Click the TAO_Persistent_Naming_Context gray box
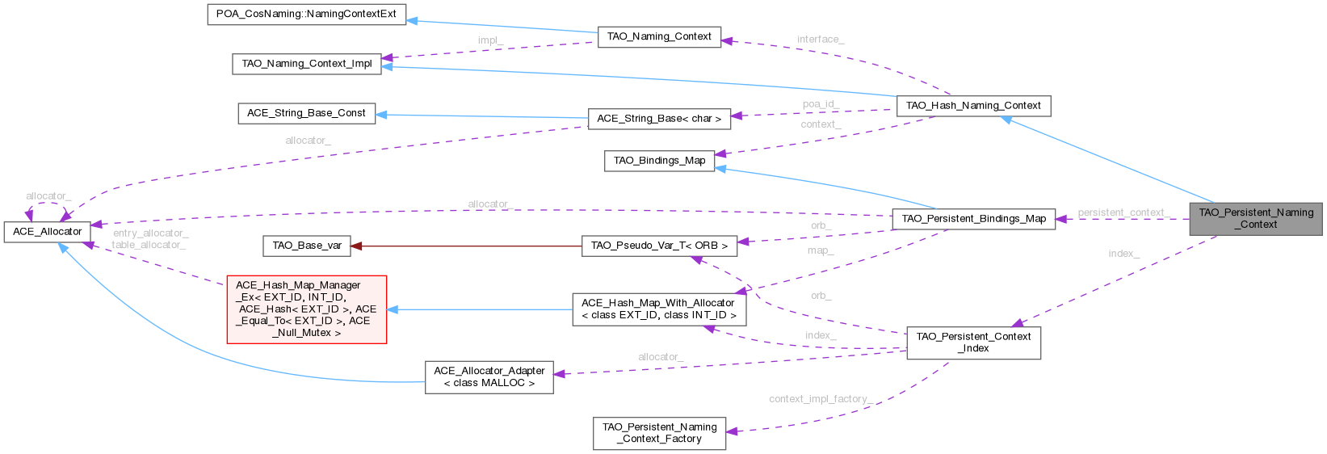pos(1255,218)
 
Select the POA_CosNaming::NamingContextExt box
pos(306,15)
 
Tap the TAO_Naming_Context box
pos(658,36)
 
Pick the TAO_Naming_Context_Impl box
pos(306,64)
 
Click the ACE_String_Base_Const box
pos(306,113)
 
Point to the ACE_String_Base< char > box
pos(658,119)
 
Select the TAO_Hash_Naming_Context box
pos(973,106)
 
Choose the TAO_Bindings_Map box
pos(659,161)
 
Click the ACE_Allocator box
pos(46,232)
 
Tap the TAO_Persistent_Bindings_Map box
pos(973,218)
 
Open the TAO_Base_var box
pos(306,246)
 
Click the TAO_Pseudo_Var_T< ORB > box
pos(659,246)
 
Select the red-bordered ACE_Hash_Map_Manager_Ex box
pos(306,309)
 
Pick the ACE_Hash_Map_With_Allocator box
pos(658,309)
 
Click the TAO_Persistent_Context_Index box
pos(973,343)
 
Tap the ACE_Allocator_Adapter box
pos(489,376)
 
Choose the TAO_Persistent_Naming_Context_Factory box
pos(659,433)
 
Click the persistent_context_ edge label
pos(1125,212)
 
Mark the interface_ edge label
pos(821,39)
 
